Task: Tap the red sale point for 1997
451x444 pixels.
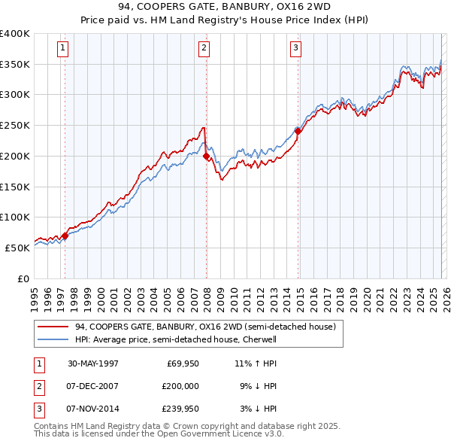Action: (x=65, y=236)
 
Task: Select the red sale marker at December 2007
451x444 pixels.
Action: (x=206, y=156)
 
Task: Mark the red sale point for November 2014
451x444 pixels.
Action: (x=298, y=131)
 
